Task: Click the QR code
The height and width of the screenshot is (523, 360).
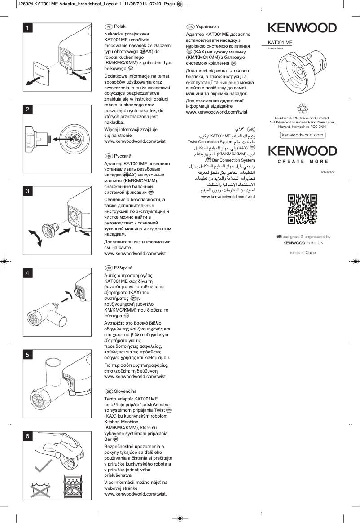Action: coord(302,209)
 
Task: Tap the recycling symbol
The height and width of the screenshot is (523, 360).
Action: coord(303,108)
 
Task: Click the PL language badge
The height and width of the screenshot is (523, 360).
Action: coord(108,27)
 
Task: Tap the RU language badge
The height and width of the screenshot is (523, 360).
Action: coord(108,156)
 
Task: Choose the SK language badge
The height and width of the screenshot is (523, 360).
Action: coord(108,391)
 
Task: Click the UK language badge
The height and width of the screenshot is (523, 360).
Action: coord(190,27)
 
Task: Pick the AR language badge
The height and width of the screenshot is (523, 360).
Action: coord(251,129)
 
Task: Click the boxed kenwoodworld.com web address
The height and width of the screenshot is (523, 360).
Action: coord(303,135)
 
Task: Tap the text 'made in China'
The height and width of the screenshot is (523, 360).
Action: coord(303,253)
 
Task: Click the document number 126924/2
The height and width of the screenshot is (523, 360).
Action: coord(328,173)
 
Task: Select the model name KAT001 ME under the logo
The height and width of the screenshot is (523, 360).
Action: coord(280,42)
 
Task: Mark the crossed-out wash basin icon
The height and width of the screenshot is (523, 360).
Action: coord(40,489)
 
